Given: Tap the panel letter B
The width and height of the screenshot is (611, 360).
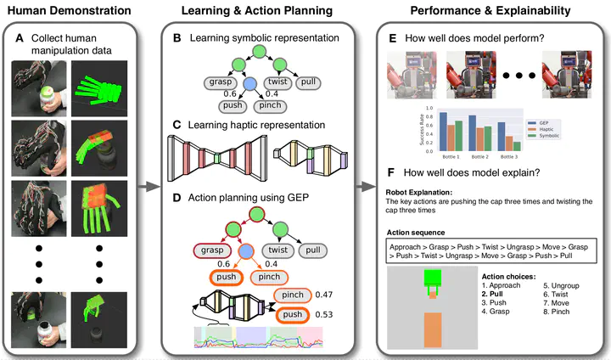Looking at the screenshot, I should [x=177, y=39].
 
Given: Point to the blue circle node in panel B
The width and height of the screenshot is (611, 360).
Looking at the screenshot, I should [x=249, y=84].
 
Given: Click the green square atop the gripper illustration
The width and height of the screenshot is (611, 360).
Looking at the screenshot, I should [x=433, y=278].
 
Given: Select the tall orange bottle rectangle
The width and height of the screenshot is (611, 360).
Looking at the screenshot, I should [x=433, y=330].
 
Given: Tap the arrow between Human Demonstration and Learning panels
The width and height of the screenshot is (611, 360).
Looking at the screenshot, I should [x=150, y=183].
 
